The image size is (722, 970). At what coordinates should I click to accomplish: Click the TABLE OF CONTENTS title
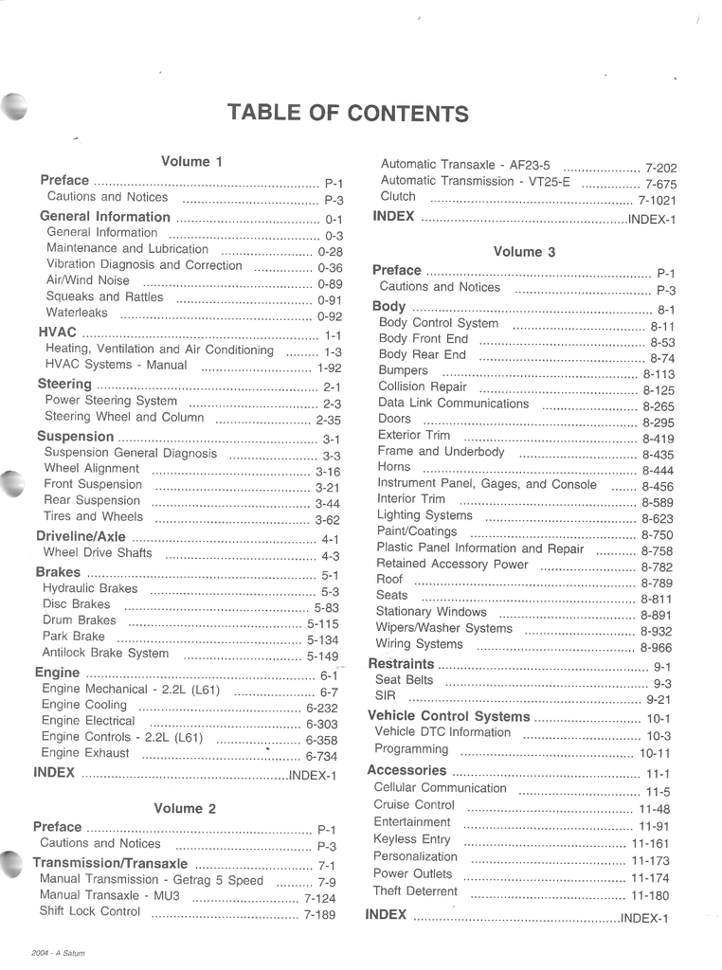[x=348, y=113]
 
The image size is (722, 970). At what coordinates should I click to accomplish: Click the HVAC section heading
[x=57, y=333]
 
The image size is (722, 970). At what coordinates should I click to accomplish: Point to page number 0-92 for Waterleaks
[x=329, y=317]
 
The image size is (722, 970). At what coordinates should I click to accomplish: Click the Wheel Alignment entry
[x=91, y=469]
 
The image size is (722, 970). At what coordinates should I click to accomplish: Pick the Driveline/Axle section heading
[x=81, y=536]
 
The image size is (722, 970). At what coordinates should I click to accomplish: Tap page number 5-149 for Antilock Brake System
[x=322, y=656]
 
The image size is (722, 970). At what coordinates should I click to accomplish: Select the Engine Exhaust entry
[x=85, y=753]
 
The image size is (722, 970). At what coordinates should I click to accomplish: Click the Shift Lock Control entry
[x=89, y=912]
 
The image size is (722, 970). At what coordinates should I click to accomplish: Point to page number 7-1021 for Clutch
[x=657, y=202]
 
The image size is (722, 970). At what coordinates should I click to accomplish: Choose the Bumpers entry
[x=403, y=370]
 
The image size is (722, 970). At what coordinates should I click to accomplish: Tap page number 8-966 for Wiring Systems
[x=656, y=648]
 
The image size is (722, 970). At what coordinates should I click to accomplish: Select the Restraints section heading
[x=401, y=664]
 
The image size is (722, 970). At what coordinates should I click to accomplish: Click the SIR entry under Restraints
[x=385, y=696]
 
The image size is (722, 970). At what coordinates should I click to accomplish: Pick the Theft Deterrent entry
[x=415, y=891]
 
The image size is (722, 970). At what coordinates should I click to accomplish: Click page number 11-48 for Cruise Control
[x=654, y=810]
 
